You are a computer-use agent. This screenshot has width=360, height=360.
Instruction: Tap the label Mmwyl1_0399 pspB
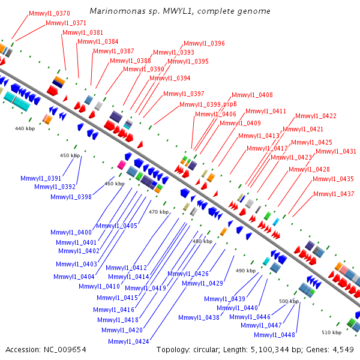coord(208,104)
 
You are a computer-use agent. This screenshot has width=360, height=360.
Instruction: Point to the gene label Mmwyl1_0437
coord(334,194)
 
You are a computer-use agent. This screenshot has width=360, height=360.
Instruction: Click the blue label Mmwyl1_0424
coord(129,341)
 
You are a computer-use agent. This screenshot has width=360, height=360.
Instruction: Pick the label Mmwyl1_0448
coord(274,335)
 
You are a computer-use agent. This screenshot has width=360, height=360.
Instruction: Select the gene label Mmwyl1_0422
coord(316,116)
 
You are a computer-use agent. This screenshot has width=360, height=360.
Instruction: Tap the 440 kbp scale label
coord(25,128)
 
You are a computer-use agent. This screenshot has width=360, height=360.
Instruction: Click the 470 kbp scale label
coord(159,212)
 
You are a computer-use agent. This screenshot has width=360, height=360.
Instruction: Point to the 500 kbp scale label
coord(289,301)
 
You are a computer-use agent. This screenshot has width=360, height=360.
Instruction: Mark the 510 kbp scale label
coord(331,332)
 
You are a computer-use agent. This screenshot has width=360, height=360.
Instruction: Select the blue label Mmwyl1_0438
coord(199,317)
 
